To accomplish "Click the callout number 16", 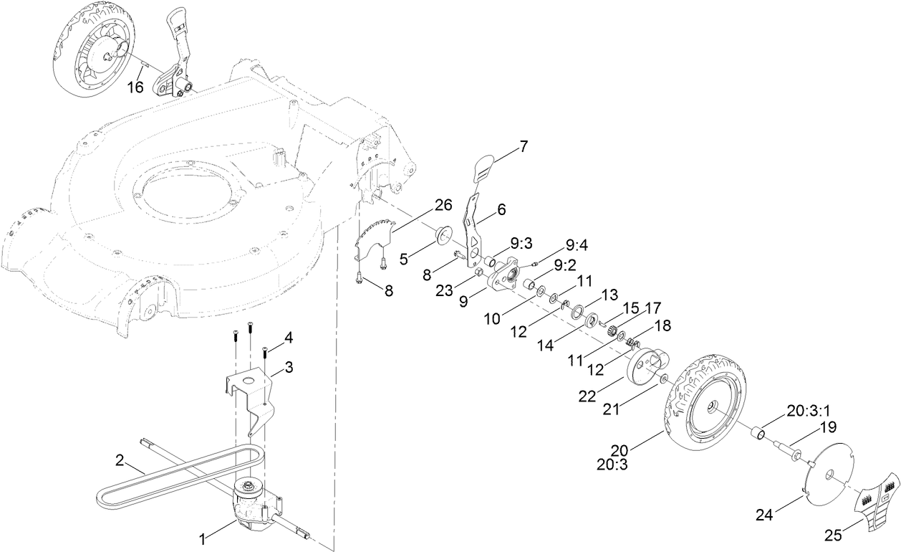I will coord(135,87).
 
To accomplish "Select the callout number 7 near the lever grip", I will coord(524,146).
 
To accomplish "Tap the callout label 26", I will coord(443,206).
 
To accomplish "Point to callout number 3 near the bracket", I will coord(289,367).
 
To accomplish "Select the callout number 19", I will coord(828,427).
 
